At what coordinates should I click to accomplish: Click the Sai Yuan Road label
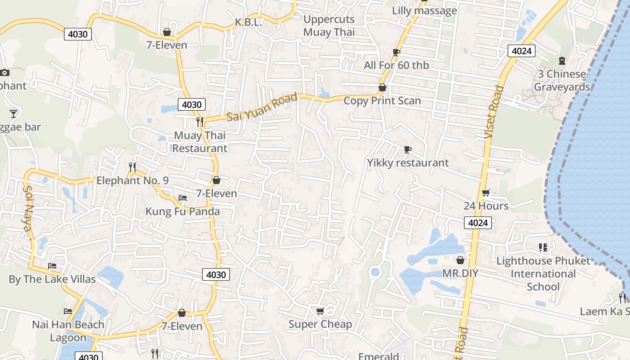262,107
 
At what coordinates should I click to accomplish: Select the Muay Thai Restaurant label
200,142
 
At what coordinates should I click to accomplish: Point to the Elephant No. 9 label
132,180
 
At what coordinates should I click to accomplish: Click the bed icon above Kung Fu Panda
183,198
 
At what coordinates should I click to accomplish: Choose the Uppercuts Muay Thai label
329,26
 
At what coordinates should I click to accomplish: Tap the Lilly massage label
424,10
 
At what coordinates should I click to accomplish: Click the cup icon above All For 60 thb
396,53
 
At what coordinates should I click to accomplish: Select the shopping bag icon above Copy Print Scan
382,87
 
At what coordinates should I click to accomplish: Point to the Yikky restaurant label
408,162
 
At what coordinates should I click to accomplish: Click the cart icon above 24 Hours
486,193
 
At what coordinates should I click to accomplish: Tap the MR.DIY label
460,273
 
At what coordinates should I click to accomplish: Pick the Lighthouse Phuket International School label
543,274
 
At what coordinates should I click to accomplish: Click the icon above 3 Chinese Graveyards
562,61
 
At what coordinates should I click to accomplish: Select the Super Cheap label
320,324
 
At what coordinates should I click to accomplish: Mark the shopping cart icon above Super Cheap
320,311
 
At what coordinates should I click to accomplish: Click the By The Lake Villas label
52,279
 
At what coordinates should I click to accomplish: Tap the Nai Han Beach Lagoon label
68,331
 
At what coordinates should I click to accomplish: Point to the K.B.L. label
248,22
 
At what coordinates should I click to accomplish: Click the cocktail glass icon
13,114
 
